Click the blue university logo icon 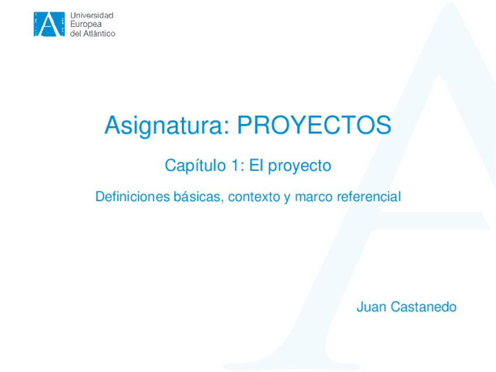(x=49, y=24)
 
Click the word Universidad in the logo (x=92, y=15)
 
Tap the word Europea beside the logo (x=85, y=24)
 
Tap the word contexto (x=254, y=197)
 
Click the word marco (x=314, y=197)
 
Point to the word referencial (x=368, y=197)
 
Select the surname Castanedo (x=423, y=307)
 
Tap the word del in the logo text (x=76, y=33)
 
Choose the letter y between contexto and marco (x=287, y=198)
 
